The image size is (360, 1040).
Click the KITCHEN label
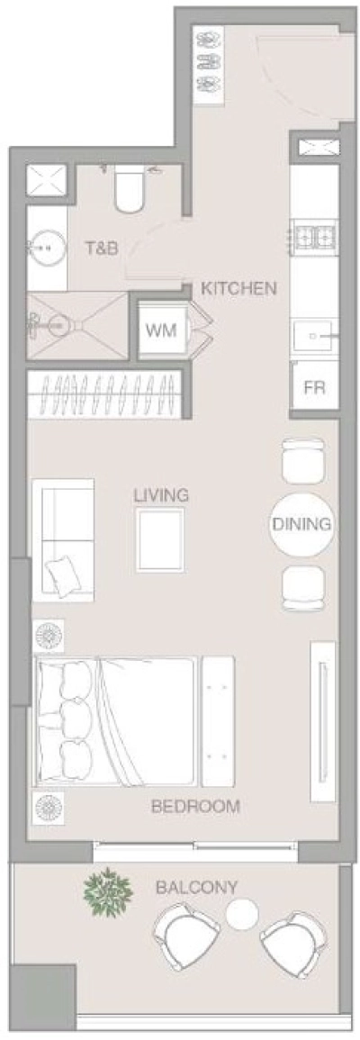click(x=238, y=289)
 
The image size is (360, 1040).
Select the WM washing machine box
click(x=162, y=329)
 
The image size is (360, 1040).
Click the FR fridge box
click(x=313, y=389)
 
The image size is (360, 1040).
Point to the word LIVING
click(x=161, y=494)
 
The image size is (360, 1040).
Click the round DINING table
click(x=301, y=523)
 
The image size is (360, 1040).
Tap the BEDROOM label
click(x=195, y=806)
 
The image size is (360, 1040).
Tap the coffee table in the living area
click(x=160, y=538)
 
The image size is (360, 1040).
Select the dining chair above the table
click(x=301, y=460)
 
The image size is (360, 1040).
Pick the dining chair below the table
click(x=301, y=588)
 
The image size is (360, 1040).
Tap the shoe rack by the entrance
click(x=209, y=59)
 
